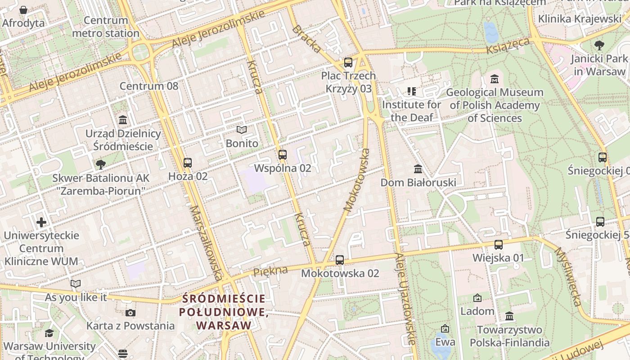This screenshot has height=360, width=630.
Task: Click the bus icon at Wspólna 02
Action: point(283,155)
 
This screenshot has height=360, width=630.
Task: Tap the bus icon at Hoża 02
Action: point(188,163)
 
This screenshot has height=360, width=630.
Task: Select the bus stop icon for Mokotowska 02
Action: point(340,260)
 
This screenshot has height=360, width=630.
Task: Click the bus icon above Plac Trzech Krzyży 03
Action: point(348,63)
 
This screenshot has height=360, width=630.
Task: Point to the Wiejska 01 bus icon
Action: point(499,245)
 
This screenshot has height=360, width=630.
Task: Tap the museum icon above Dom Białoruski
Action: point(418,169)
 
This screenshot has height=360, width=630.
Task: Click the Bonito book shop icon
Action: point(242,130)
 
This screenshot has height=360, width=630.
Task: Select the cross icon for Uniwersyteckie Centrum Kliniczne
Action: point(41,222)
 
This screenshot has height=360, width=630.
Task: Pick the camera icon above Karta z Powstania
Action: point(130,313)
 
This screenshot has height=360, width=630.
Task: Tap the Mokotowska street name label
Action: point(357,180)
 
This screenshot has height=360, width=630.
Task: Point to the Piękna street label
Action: point(270,271)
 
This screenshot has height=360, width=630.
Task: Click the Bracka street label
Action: point(307,39)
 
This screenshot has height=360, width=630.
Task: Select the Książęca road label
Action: point(508,45)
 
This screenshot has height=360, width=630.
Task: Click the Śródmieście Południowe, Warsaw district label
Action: point(224,311)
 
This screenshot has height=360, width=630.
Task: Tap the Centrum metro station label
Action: point(106,27)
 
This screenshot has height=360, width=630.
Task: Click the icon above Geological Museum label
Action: point(495,79)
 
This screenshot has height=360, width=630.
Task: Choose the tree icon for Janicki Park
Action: point(599,45)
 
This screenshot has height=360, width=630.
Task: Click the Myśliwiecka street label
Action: point(568,276)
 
